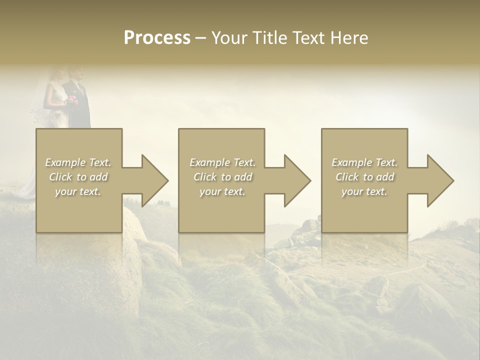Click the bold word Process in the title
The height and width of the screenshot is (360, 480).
click(x=157, y=38)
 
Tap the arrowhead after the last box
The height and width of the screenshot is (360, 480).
click(x=437, y=180)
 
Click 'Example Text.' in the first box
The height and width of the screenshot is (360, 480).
click(x=78, y=162)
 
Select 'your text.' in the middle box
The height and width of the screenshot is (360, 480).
click(x=222, y=191)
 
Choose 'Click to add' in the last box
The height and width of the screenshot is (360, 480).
click(x=364, y=177)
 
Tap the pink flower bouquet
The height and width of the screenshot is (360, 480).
click(x=73, y=100)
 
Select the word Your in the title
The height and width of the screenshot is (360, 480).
click(x=228, y=38)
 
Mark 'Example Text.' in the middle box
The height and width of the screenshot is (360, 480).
click(x=222, y=162)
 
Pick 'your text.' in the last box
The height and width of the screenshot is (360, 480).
click(x=364, y=191)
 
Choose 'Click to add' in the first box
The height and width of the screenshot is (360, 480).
click(x=78, y=177)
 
